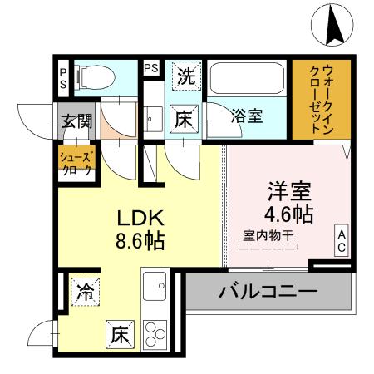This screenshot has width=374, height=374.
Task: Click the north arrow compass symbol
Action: click(x=336, y=24)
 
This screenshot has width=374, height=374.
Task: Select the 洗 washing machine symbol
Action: click(x=188, y=77)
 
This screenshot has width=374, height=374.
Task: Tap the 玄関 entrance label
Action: click(x=76, y=121)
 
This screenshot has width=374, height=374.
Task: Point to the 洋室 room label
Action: click(x=289, y=190)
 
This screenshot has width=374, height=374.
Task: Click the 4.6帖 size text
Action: click(x=289, y=213)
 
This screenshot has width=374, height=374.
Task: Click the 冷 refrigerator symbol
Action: click(x=85, y=292)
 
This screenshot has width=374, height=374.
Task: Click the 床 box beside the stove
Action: click(x=118, y=335)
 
